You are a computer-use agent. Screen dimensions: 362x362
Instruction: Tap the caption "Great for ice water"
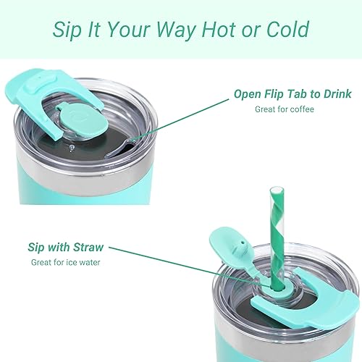click(x=66, y=262)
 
